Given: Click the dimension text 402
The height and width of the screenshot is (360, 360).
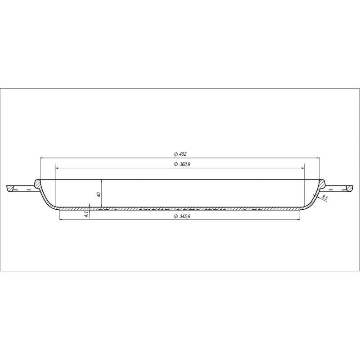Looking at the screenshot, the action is (x=183, y=154).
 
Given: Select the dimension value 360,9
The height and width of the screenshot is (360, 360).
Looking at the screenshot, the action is (x=184, y=164).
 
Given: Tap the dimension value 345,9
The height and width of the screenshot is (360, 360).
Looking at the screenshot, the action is (x=185, y=216).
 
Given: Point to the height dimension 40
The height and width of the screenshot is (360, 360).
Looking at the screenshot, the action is (x=99, y=194).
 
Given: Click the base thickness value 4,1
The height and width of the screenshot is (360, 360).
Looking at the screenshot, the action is (x=86, y=215).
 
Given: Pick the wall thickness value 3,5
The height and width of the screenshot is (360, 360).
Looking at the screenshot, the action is (x=324, y=197).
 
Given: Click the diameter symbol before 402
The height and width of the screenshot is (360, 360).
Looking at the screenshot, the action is (x=175, y=154).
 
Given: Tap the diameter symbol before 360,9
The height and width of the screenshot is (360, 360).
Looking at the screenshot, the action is (x=175, y=164).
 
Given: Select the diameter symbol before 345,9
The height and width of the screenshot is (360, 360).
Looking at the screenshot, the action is (x=176, y=216).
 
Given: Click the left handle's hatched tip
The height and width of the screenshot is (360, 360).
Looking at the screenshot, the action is (x=9, y=188).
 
